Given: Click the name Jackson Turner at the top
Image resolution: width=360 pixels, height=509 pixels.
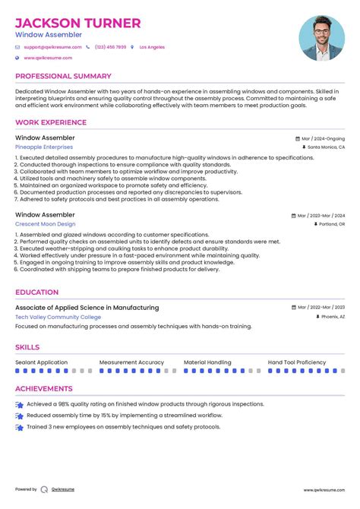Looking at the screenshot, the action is [x=77, y=23].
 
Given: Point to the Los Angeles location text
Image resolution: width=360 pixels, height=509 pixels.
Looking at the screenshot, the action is [x=152, y=47].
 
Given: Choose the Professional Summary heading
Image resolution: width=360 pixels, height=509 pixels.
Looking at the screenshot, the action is [x=64, y=77].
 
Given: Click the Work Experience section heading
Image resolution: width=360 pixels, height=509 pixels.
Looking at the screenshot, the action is [x=50, y=122].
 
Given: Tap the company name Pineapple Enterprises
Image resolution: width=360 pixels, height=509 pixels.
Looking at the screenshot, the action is [x=44, y=147].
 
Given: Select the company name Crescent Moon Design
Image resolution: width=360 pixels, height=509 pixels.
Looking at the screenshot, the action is [x=46, y=224].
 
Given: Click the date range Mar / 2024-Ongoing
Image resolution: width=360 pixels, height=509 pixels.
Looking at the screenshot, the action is [x=323, y=139].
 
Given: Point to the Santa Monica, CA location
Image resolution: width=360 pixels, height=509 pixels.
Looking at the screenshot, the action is [x=326, y=147].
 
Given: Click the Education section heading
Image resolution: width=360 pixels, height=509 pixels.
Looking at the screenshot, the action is [x=36, y=292].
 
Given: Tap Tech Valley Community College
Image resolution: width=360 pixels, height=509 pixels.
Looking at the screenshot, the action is [x=58, y=317].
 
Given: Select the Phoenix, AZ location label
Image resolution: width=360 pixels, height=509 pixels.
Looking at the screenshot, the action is [x=330, y=317].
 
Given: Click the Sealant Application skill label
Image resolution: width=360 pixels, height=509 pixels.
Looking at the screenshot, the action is [x=42, y=362].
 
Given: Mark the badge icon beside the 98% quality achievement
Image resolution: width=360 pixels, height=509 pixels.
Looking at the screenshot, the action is [x=19, y=405].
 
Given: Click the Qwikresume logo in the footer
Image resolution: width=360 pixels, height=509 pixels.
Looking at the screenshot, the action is [x=45, y=489].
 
